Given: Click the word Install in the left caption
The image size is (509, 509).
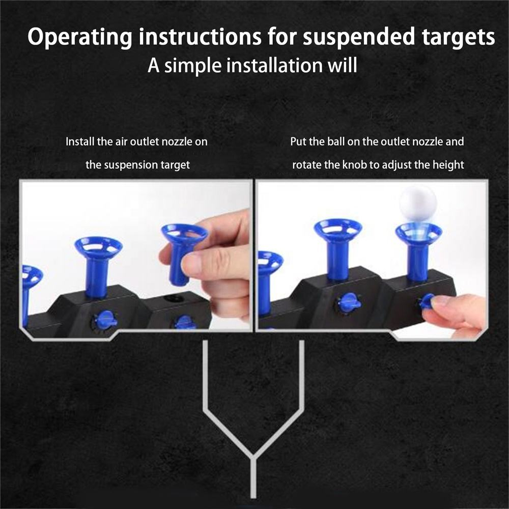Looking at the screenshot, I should click(79, 142).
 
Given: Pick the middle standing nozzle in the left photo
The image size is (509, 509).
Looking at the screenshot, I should click(98, 265).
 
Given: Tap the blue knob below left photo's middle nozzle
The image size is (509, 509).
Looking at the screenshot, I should click(105, 320).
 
